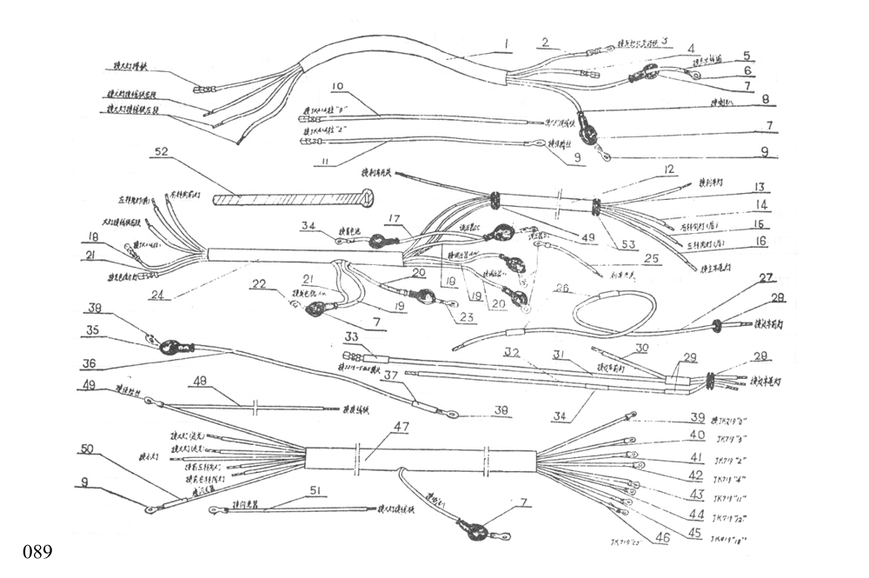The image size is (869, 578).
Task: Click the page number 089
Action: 38,552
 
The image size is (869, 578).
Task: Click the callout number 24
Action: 156,294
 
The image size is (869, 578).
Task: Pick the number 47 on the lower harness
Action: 401,428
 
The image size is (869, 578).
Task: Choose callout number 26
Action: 562,287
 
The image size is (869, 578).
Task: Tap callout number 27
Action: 766,278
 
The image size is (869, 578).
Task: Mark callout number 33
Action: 351,337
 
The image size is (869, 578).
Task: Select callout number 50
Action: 87,448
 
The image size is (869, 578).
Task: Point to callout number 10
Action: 338,87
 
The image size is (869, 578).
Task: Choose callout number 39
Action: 698,417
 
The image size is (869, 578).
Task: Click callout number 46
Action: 663,539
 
